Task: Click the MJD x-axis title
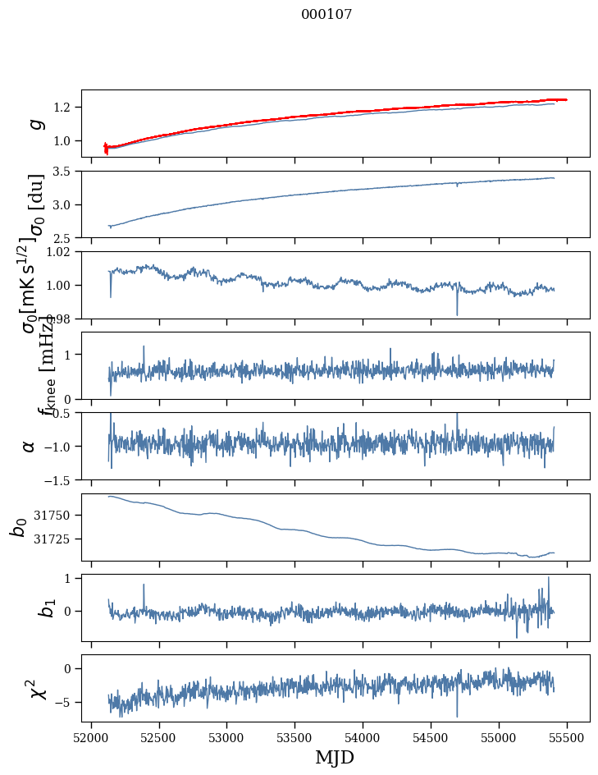335,758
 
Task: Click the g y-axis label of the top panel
34,123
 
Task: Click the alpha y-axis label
29,446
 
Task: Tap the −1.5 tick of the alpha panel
62,479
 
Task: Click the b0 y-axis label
18,527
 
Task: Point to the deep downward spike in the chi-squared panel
457,715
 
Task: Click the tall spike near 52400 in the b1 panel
144,585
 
